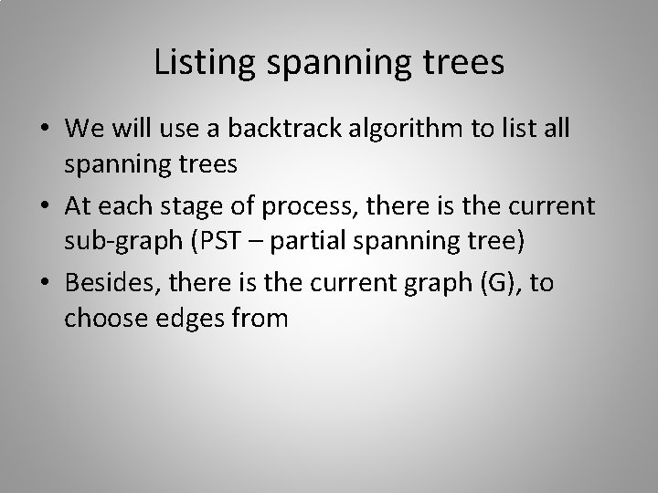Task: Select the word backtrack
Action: [x=265, y=129]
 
